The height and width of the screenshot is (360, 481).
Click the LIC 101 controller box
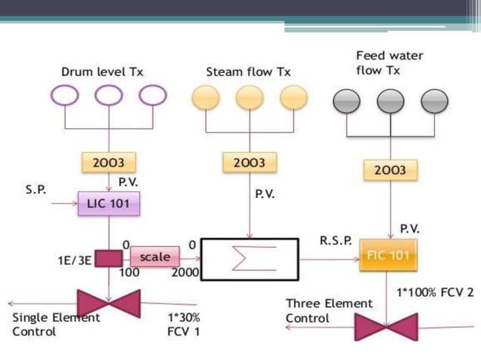pos(109,203)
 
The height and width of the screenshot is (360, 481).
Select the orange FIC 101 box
pos(388,256)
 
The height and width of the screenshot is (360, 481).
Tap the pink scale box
pos(155,257)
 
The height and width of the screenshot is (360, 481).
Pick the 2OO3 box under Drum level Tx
pos(109,162)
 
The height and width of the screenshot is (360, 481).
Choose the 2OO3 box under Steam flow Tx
pos(249,162)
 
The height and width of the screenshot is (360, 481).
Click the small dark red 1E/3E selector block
pos(109,258)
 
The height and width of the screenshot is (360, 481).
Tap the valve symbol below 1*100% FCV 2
pos(386,327)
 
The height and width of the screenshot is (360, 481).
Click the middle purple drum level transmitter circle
pos(109,96)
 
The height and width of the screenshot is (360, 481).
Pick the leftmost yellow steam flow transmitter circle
pos(206,97)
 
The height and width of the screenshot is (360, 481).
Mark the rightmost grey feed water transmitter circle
pos(435,101)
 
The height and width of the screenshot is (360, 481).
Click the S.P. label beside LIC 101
pos(35,190)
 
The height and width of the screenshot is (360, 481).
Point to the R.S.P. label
pos(335,241)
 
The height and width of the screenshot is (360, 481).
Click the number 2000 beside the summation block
pos(185,273)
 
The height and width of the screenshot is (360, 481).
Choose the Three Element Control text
pos(329,310)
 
